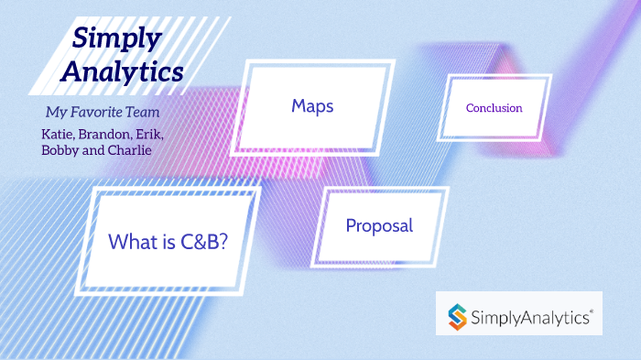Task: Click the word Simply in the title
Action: [117, 38]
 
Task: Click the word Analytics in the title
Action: [128, 71]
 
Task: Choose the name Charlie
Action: [130, 150]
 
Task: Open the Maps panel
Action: [312, 106]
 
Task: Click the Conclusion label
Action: [494, 108]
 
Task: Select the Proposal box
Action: [379, 225]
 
